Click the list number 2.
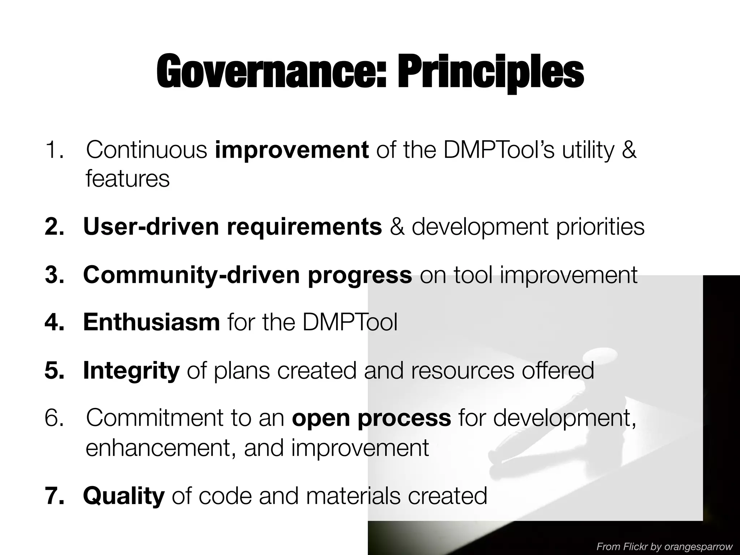(54, 227)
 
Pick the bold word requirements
(304, 227)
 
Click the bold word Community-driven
(192, 275)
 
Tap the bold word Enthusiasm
(151, 322)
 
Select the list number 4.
(54, 322)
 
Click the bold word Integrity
(131, 370)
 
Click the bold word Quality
(124, 496)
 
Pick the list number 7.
(54, 496)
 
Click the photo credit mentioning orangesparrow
(664, 547)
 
